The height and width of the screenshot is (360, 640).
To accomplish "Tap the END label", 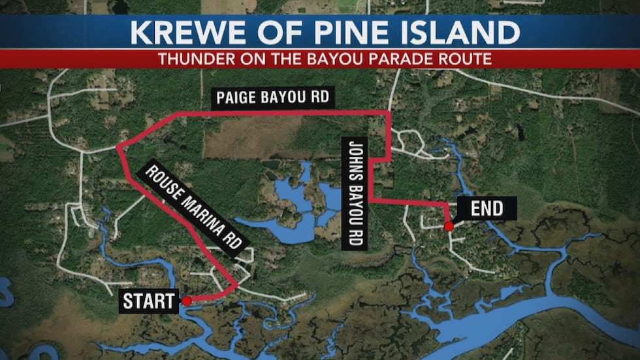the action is (x=487, y=209).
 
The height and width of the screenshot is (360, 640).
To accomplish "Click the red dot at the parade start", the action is (x=187, y=301).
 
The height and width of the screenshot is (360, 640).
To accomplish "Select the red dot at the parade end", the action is (x=449, y=227).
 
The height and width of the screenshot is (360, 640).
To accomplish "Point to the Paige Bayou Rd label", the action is (x=274, y=99).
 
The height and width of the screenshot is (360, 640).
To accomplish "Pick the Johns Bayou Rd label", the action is (x=355, y=193).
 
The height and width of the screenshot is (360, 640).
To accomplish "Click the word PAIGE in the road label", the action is (x=238, y=99).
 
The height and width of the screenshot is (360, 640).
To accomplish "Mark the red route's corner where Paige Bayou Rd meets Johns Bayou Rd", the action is (x=389, y=113).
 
